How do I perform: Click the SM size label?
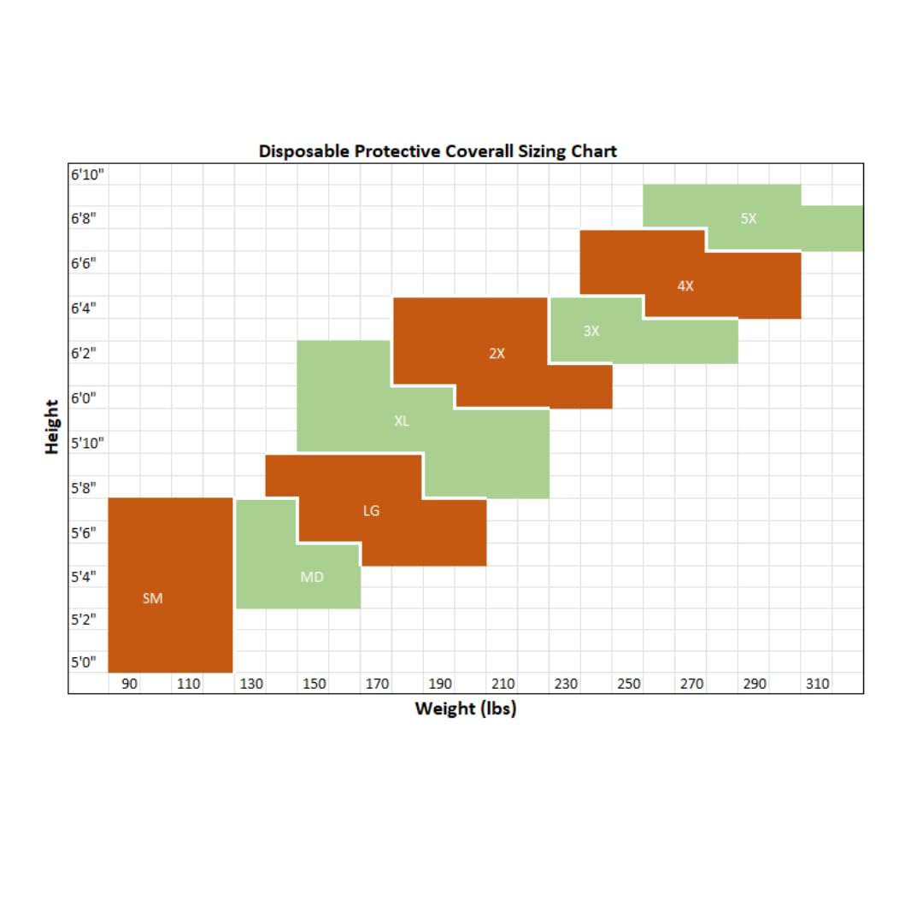pyautogui.click(x=152, y=598)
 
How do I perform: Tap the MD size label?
pyautogui.click(x=312, y=578)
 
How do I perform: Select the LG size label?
pyautogui.click(x=371, y=511)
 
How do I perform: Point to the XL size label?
pyautogui.click(x=402, y=420)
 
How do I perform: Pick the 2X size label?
pyautogui.click(x=497, y=353)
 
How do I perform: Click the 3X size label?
pyautogui.click(x=591, y=331)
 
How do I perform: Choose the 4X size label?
pyautogui.click(x=685, y=286)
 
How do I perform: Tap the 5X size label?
pyautogui.click(x=749, y=218)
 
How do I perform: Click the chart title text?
pyautogui.click(x=438, y=151)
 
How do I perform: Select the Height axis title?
pyautogui.click(x=53, y=426)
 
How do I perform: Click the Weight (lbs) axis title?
pyautogui.click(x=465, y=708)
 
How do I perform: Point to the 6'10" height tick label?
pyautogui.click(x=86, y=174)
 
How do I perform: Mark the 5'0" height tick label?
pyautogui.click(x=84, y=661)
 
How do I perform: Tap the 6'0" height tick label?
pyautogui.click(x=84, y=397)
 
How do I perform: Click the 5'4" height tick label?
pyautogui.click(x=84, y=575)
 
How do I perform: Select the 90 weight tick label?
pyautogui.click(x=130, y=684)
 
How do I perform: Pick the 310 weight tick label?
pyautogui.click(x=818, y=684)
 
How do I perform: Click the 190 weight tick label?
pyautogui.click(x=440, y=684)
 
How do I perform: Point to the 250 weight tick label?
pyautogui.click(x=629, y=684)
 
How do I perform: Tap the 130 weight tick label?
pyautogui.click(x=251, y=684)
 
